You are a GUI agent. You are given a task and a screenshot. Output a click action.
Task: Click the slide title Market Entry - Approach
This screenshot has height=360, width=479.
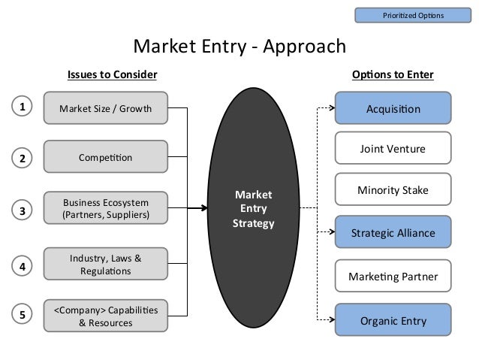point(239,47)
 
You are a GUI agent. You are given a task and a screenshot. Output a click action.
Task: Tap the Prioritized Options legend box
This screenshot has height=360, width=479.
point(413,15)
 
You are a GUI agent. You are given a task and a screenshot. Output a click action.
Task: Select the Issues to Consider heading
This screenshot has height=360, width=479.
point(112,75)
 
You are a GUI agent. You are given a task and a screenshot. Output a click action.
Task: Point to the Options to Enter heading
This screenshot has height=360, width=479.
point(393,75)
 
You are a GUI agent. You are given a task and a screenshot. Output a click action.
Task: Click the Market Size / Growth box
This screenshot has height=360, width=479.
point(106,108)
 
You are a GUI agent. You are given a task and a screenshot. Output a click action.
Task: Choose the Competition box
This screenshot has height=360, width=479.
point(106,158)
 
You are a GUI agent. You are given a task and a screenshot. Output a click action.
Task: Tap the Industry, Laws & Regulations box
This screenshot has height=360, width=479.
point(106,265)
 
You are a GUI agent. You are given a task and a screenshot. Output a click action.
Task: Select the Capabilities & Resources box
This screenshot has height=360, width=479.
point(106,316)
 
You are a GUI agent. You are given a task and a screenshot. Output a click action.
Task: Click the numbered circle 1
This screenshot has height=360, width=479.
point(23,107)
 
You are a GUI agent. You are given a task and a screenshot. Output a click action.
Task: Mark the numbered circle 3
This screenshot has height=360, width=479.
point(23,211)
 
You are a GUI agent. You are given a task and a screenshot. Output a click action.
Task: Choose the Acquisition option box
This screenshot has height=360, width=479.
point(393,108)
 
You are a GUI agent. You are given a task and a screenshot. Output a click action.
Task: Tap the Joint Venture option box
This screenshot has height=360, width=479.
point(393,149)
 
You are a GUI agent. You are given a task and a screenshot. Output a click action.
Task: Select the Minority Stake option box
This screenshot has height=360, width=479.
point(393,191)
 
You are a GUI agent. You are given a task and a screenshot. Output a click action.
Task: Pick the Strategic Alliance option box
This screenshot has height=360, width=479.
point(393,233)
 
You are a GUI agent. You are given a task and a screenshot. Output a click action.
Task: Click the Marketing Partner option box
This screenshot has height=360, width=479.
point(393,277)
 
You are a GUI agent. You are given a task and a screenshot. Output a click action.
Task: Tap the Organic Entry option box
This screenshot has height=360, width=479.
point(393,321)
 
